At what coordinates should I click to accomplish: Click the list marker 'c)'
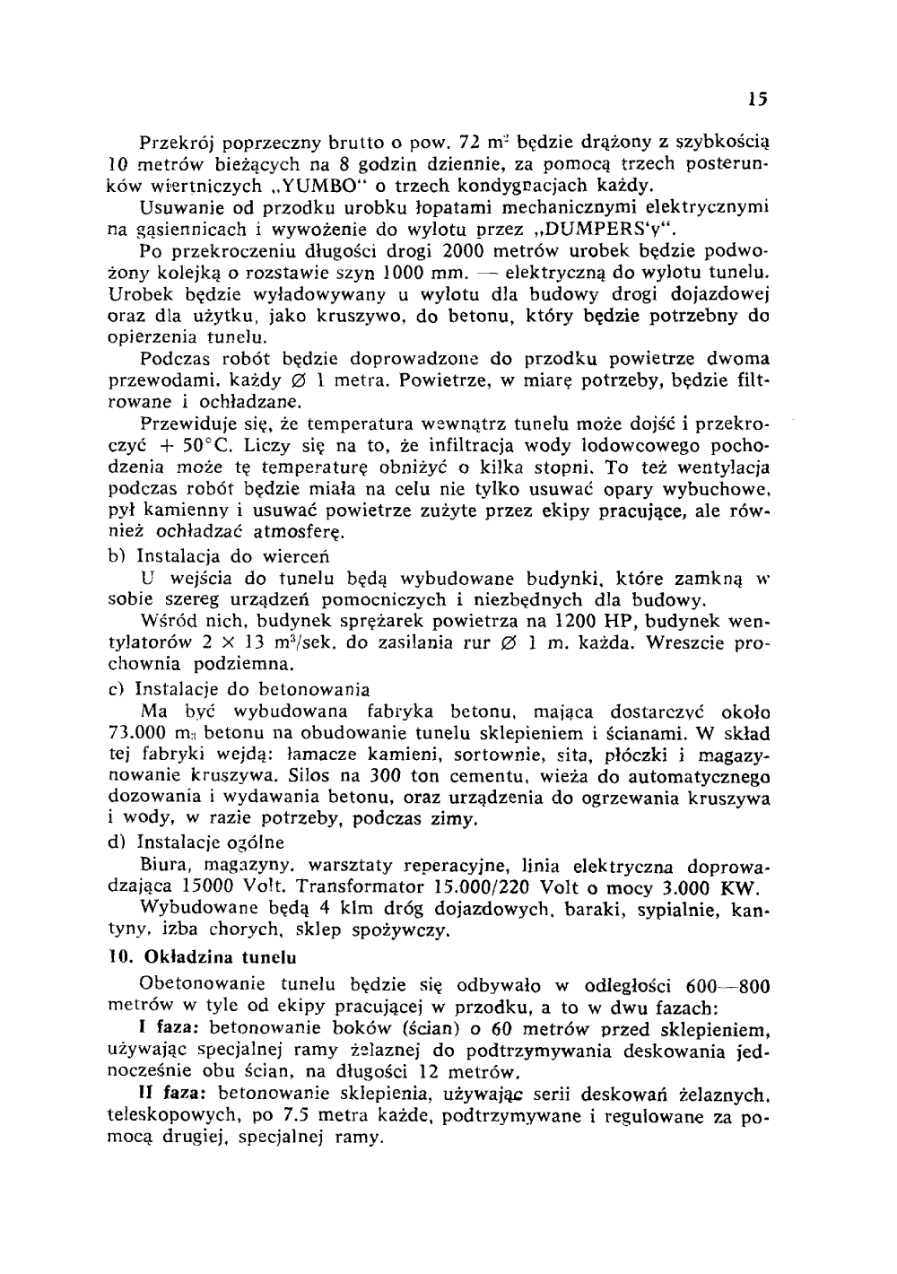pos(115,690)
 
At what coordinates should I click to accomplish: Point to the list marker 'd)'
pos(115,842)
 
